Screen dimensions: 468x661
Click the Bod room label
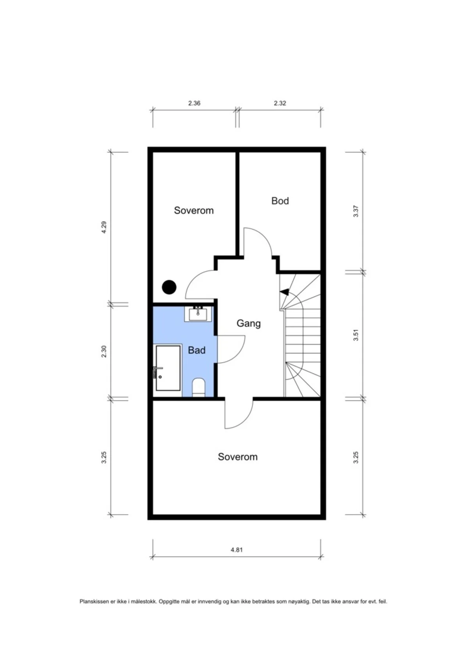280,201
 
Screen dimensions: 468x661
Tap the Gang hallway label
249,323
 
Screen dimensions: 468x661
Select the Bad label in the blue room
197,350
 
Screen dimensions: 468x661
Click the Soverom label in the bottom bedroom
237,457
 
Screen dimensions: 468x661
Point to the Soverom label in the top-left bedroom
194,210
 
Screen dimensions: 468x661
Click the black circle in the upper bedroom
169,287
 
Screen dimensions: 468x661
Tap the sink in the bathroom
198,314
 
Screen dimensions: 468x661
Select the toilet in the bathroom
199,387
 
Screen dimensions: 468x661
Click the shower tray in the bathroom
168,368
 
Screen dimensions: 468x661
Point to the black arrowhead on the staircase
284,292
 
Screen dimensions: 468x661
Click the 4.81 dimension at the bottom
237,550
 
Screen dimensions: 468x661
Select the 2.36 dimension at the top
194,103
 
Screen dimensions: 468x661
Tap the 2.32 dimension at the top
280,103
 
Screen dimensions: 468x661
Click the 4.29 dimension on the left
104,227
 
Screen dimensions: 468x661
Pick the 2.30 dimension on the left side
104,351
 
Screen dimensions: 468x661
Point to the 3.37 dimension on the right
356,211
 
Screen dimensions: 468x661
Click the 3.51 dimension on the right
356,335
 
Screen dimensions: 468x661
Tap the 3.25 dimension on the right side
356,457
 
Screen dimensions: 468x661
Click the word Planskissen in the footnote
94,602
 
